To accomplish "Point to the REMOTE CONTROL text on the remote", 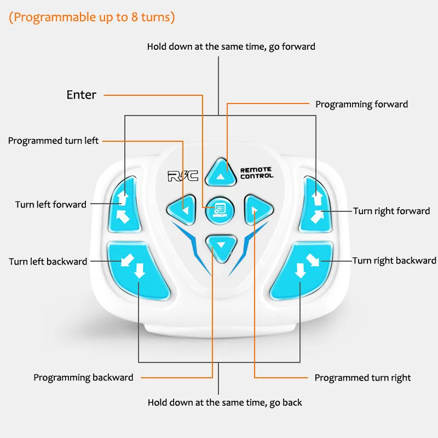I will click(256, 173).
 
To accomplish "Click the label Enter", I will click(81, 95).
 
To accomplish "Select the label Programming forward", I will click(361, 104).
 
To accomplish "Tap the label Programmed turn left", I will click(53, 141).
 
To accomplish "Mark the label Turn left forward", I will click(50, 205).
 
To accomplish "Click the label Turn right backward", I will click(394, 261).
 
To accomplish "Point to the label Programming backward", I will click(83, 377).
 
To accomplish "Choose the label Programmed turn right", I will click(362, 378).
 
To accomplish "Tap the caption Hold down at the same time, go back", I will click(224, 402).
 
